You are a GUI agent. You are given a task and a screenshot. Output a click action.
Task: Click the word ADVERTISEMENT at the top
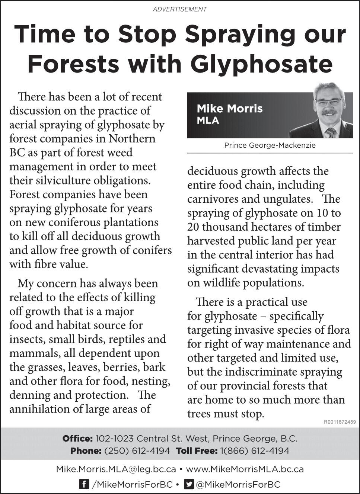tap(180, 9)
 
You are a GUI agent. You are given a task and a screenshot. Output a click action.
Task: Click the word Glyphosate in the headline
tap(261, 64)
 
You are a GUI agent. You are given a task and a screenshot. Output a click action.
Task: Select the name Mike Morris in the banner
tap(230, 109)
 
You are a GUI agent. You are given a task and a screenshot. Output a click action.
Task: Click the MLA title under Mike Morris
tap(208, 121)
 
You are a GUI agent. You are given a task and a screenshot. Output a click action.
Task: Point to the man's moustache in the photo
tap(329, 112)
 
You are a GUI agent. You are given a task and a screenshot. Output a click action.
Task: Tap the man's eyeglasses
tap(329, 101)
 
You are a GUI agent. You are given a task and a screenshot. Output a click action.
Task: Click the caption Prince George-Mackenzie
tap(270, 145)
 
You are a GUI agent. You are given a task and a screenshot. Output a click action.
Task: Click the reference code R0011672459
tap(340, 422)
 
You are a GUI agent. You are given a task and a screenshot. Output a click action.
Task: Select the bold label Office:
tap(77, 439)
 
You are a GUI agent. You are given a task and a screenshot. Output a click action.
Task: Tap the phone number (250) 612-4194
tap(137, 451)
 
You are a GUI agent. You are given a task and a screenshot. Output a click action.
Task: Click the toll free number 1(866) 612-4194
tap(255, 451)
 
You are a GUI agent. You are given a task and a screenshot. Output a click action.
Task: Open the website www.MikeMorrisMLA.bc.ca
tap(245, 469)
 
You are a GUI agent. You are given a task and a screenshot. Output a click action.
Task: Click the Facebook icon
tap(84, 484)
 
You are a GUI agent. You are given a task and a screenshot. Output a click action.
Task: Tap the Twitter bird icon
tap(189, 484)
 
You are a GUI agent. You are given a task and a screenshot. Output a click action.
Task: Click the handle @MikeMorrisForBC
tap(238, 485)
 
